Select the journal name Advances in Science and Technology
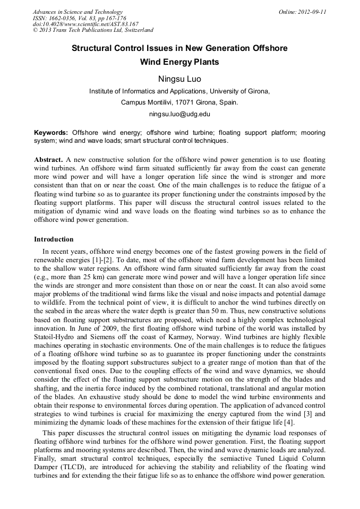(x=78, y=12)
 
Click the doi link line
(x=85, y=24)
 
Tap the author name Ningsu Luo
(x=179, y=79)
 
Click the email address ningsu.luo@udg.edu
(x=179, y=114)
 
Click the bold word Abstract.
(x=49, y=160)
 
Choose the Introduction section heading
(x=54, y=239)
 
